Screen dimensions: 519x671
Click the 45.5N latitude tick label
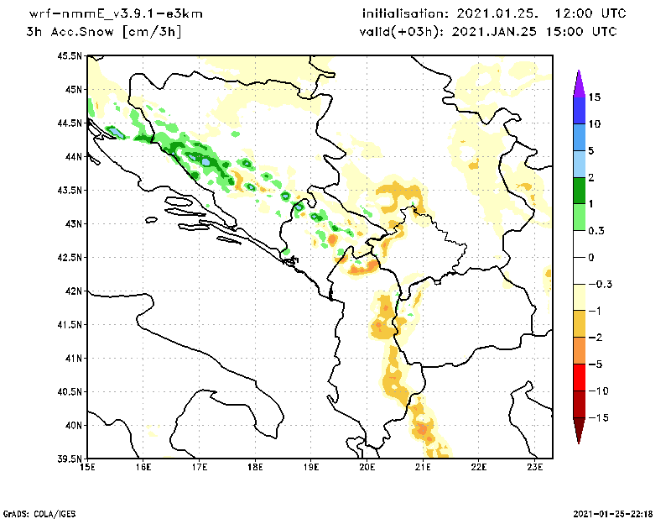[x=71, y=55]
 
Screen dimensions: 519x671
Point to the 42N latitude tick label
[x=74, y=291]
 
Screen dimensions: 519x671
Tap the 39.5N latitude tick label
[x=71, y=459]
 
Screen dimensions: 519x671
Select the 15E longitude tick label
[x=86, y=466]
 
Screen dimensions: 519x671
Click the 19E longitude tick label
[x=311, y=466]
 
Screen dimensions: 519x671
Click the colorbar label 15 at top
[x=595, y=97]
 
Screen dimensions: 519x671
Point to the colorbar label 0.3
[x=596, y=230]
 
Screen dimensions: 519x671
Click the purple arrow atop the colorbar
[x=578, y=82]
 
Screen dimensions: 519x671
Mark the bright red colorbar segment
[x=578, y=377]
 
